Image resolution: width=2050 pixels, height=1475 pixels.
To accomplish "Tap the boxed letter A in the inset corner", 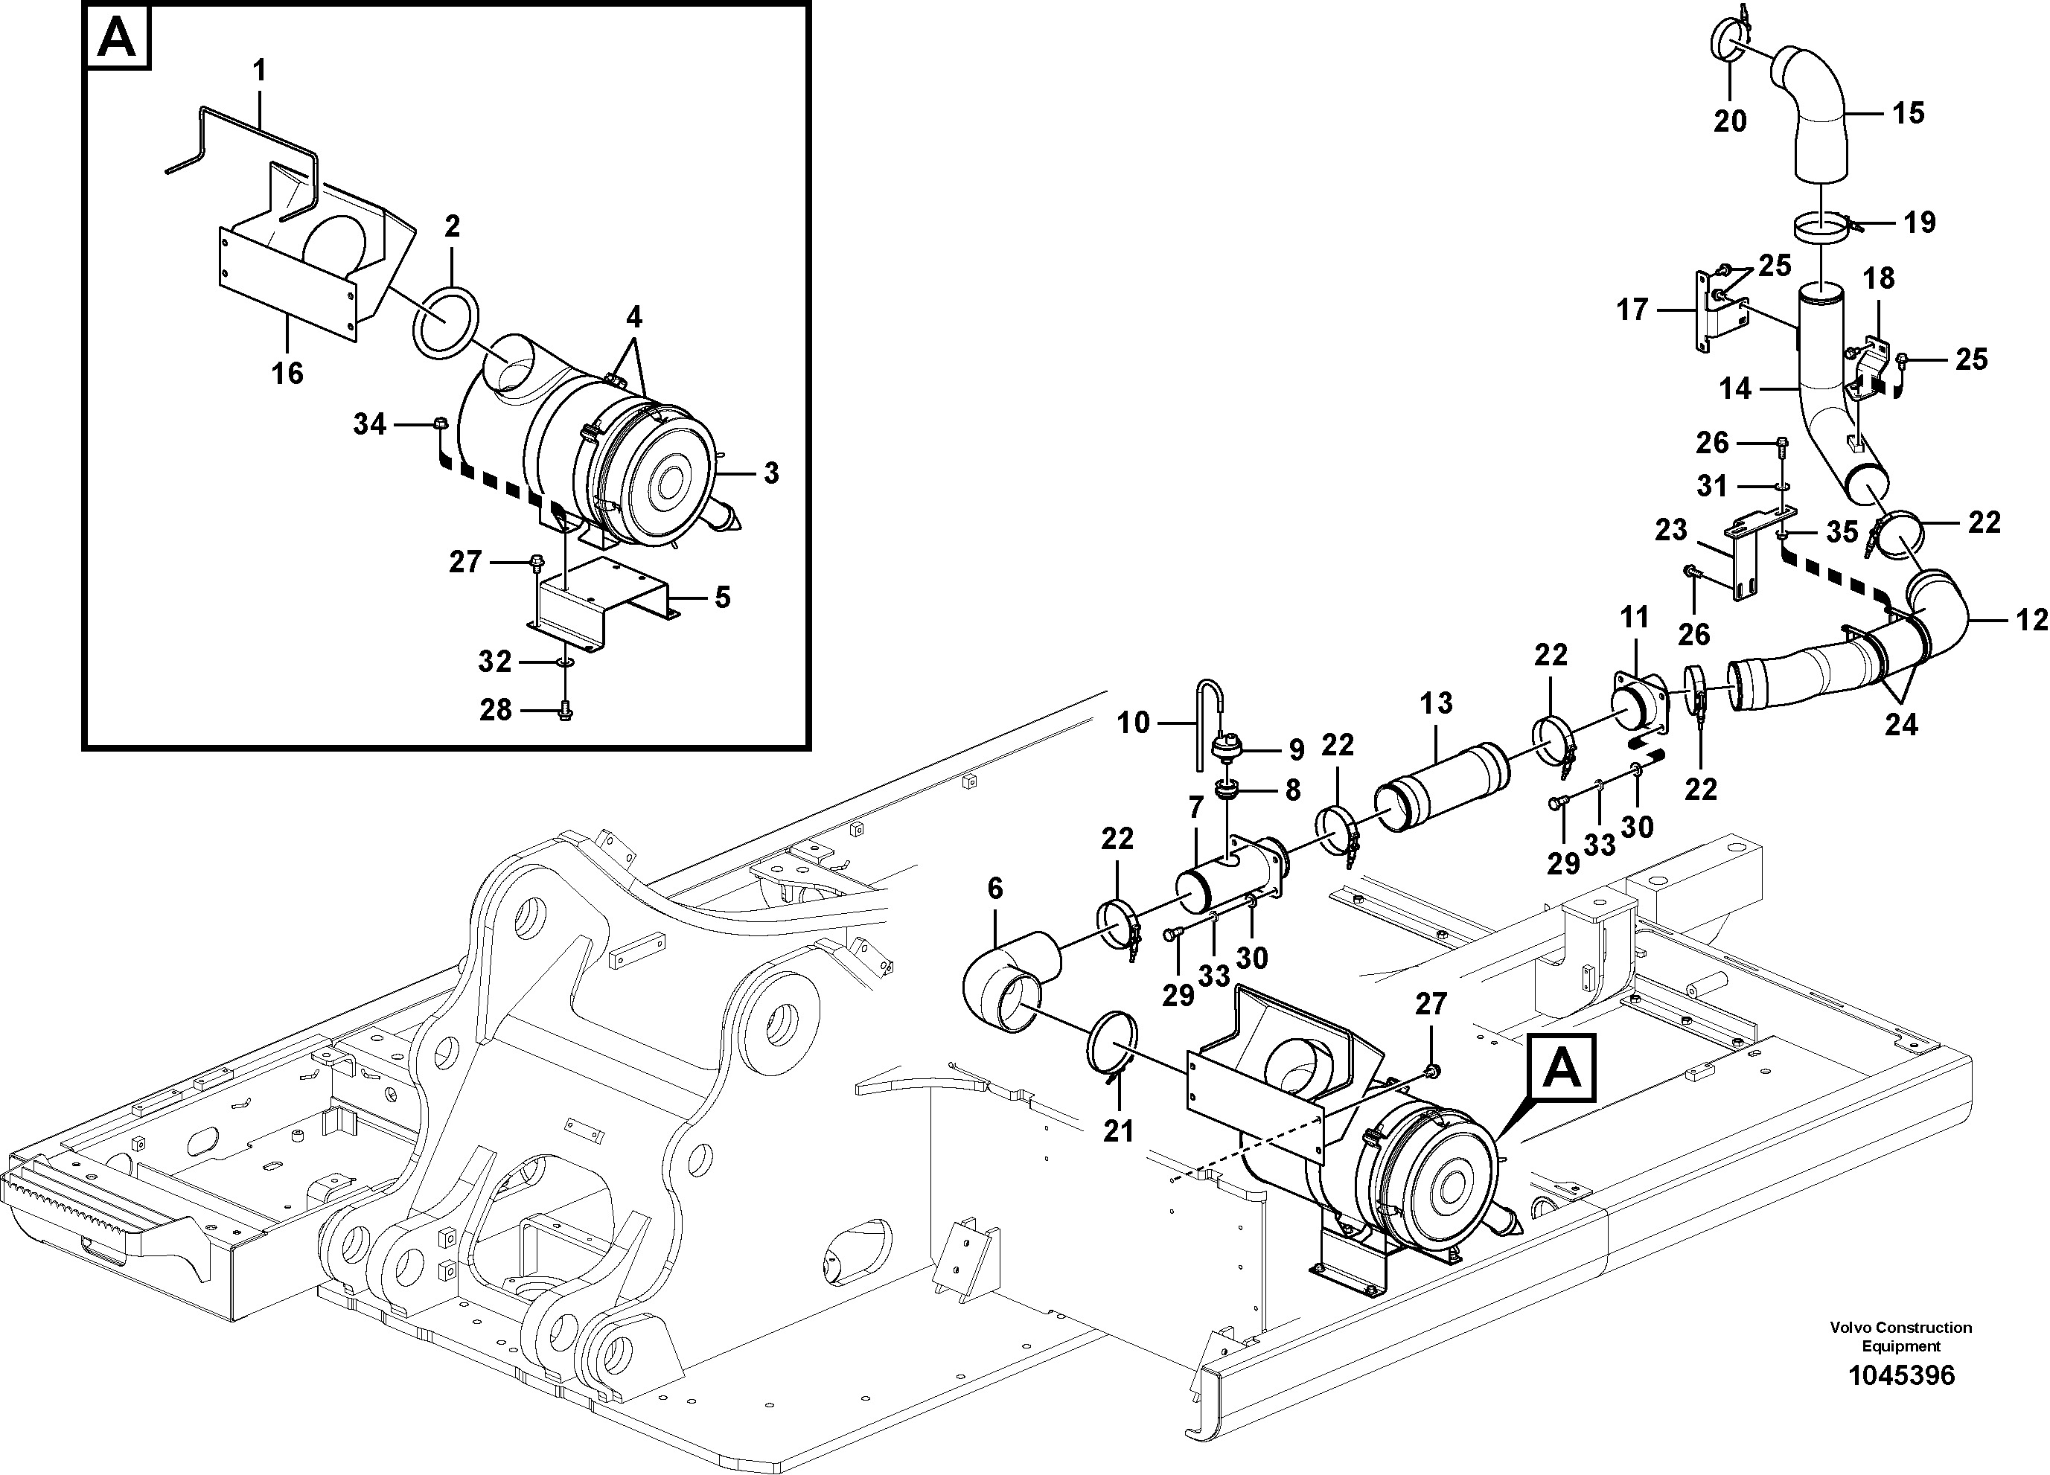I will [x=118, y=39].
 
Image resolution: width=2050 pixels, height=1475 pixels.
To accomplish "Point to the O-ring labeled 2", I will [x=446, y=321].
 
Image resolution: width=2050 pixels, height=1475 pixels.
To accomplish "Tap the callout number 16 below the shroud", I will [x=287, y=372].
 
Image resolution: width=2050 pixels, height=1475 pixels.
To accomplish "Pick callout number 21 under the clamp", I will [x=1118, y=1130].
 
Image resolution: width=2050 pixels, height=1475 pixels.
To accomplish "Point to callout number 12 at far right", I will [x=2031, y=620].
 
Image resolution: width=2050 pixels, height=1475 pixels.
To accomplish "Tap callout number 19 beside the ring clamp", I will [x=1920, y=222].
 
